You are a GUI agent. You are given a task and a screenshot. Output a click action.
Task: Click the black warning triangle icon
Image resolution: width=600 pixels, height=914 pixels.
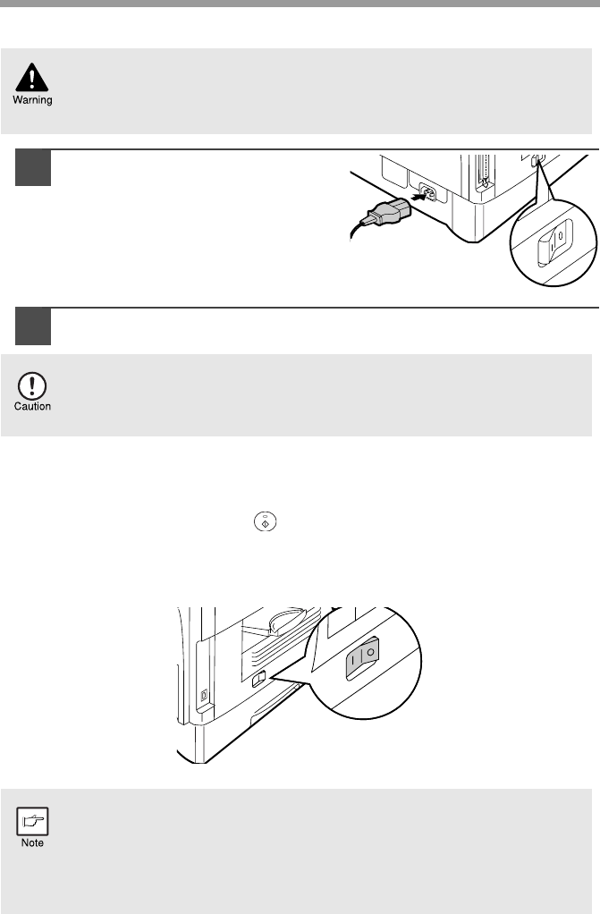pos(32,77)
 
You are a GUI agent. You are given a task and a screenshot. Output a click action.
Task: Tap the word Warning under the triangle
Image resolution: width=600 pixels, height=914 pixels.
pos(33,99)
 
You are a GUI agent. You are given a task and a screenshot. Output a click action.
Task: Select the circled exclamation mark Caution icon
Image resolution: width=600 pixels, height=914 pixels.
pos(32,385)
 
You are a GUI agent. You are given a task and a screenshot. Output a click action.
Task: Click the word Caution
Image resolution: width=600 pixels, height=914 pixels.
pos(33,406)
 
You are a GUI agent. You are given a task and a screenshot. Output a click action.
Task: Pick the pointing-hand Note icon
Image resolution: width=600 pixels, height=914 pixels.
pos(33,821)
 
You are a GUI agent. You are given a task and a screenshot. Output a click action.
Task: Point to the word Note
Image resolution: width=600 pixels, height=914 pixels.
pos(33,842)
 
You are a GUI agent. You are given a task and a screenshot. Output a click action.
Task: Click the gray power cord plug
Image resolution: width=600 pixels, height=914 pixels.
pos(385,211)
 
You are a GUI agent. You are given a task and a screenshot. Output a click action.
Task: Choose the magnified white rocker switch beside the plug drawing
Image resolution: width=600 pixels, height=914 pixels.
pos(554,243)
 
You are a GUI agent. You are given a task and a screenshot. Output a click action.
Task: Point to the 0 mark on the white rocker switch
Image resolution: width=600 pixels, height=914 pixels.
pos(560,236)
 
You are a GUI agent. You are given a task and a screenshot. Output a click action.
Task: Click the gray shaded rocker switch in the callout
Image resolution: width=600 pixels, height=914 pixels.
pos(362,659)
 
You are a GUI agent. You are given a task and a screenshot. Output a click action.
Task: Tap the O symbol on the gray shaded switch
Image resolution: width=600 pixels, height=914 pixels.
pos(370,652)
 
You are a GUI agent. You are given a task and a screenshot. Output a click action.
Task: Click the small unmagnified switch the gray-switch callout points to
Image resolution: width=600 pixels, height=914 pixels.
pos(259,679)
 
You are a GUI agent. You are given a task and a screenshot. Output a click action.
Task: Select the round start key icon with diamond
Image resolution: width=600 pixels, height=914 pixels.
pos(265,521)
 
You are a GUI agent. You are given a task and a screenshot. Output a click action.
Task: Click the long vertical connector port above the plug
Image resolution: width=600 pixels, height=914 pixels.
pos(482,173)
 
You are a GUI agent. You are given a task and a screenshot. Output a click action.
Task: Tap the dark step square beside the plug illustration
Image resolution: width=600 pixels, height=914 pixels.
pos(33,168)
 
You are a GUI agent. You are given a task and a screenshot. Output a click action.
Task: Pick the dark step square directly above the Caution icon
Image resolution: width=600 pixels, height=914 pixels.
pos(33,326)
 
